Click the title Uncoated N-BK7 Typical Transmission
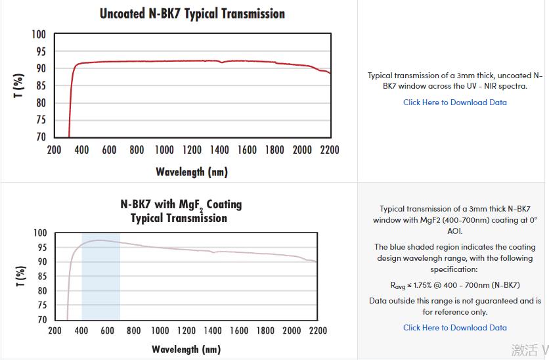(192, 14)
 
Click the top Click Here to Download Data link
(454, 102)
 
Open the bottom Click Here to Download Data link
(454, 328)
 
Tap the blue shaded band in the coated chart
(100, 282)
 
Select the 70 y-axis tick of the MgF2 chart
(41, 320)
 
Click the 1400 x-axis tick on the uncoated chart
(219, 150)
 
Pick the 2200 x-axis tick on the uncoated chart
(330, 150)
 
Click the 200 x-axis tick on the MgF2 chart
(55, 330)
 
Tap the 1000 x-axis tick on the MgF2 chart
(160, 330)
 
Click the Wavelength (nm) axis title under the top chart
(191, 172)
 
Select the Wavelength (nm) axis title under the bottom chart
(186, 349)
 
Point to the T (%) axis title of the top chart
(19, 85)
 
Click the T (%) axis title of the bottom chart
(20, 276)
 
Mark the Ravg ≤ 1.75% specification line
(454, 285)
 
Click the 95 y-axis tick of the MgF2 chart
(41, 248)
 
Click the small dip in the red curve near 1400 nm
(222, 62)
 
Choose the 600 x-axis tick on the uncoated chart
(109, 150)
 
